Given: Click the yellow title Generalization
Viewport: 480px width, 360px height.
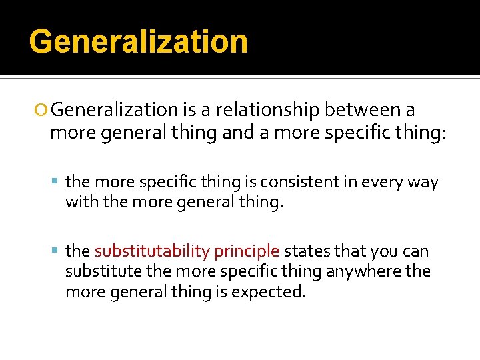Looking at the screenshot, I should tap(139, 41).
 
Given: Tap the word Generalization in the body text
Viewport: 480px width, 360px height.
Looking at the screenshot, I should tap(114, 109).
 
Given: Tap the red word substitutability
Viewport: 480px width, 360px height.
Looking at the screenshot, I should tap(152, 251).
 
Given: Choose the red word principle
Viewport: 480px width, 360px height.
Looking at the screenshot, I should tap(247, 252).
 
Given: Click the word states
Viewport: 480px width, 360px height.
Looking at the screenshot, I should tap(305, 251).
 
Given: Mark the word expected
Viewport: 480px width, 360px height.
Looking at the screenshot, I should tap(268, 292).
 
